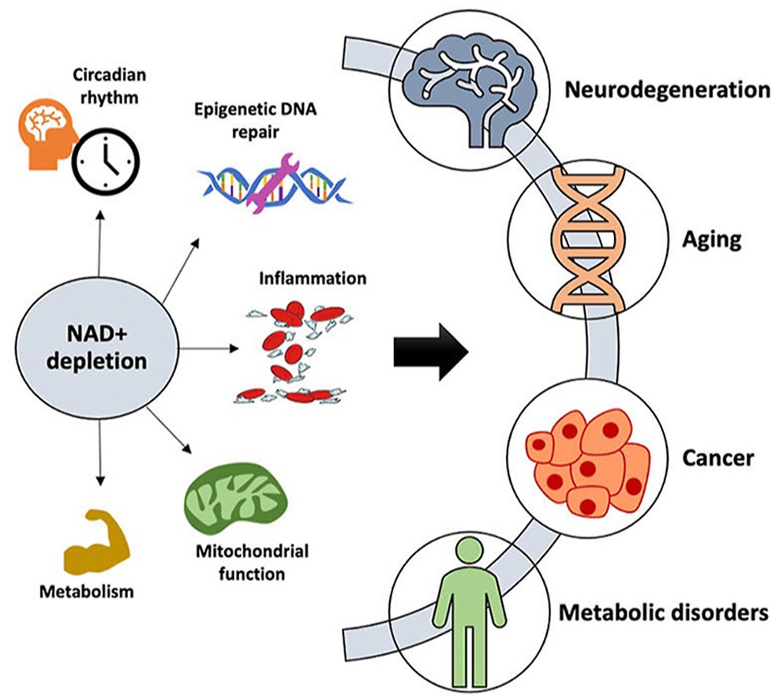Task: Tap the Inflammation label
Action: [313, 278]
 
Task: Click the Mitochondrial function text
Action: [251, 562]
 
